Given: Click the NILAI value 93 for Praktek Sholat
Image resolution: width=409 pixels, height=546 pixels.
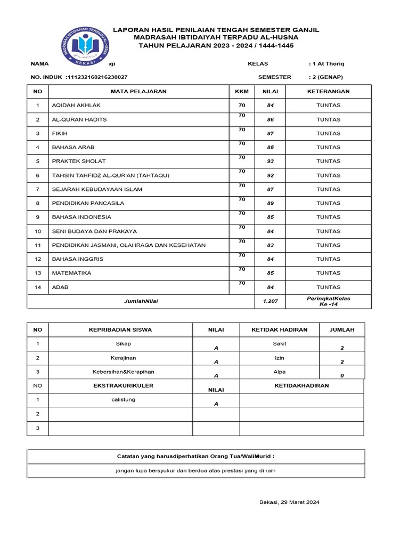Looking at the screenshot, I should coord(271,161).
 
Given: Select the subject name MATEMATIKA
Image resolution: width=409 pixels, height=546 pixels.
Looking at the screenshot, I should coord(71,273).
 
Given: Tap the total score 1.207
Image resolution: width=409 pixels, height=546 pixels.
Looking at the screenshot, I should coord(271,301).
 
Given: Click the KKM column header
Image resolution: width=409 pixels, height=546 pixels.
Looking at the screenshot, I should coord(242,91).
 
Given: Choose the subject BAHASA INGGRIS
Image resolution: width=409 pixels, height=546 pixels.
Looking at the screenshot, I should coord(78,259).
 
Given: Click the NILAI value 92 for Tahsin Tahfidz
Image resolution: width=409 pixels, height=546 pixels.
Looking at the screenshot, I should coord(271,175).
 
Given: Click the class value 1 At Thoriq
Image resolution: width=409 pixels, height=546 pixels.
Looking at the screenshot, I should coord(326,63).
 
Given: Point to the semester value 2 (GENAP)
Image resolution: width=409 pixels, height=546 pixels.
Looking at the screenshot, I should coord(326,77).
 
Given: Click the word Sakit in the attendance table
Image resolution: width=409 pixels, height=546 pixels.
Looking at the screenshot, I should coord(280,344).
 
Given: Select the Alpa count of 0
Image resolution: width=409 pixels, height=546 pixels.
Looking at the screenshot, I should coord(342,375).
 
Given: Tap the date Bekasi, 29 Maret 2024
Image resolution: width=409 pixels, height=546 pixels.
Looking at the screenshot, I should coord(289,502).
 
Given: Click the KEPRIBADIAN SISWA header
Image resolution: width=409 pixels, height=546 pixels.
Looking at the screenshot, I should coord(120,330).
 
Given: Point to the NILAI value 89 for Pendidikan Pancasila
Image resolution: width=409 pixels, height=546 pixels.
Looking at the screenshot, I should coord(271,203).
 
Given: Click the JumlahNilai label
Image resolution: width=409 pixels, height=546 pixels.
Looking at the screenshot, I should coord(141,301).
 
